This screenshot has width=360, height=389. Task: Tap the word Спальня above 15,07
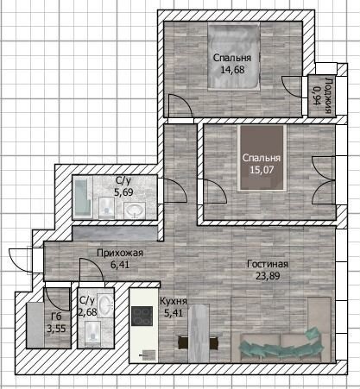[261, 158]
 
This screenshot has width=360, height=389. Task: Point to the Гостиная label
[268, 264]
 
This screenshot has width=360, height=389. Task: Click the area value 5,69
[123, 194]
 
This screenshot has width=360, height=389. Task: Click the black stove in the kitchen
[141, 317]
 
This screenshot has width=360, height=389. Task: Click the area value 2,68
[86, 313]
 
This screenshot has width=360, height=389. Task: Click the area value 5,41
[174, 315]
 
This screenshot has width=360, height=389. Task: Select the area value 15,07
[261, 170]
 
